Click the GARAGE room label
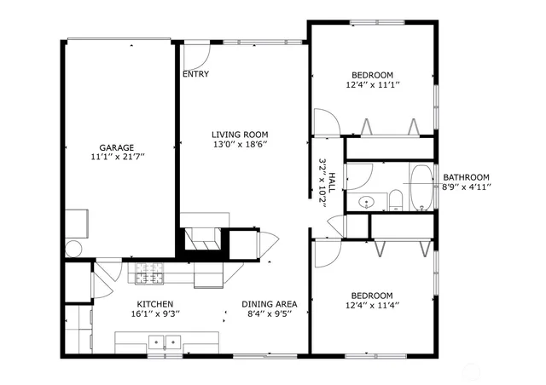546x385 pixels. [x=117, y=147]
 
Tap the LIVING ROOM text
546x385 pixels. [x=240, y=135]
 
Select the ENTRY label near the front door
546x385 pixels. [x=195, y=74]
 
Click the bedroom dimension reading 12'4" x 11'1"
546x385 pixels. [x=373, y=85]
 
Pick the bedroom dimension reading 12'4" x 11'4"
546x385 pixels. [x=373, y=306]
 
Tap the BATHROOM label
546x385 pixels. [x=466, y=177]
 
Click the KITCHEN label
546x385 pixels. [x=155, y=304]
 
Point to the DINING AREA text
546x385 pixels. [x=269, y=304]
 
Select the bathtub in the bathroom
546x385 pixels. [x=421, y=187]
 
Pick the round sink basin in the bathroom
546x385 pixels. [x=365, y=203]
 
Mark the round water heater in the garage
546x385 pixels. [x=73, y=249]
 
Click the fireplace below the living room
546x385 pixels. [x=204, y=238]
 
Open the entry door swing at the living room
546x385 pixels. [x=197, y=57]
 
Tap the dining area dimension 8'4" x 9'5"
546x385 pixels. [x=269, y=314]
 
